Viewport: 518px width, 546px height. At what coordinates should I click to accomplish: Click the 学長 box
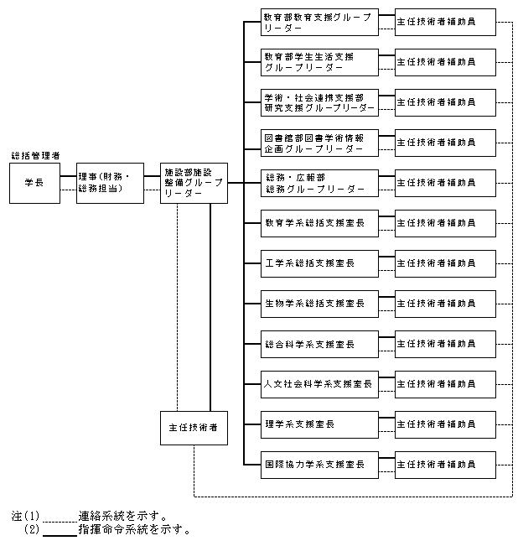(x=34, y=183)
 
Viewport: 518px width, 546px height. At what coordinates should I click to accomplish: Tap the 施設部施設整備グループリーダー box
(x=194, y=183)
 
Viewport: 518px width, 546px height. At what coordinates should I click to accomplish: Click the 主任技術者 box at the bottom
(x=194, y=428)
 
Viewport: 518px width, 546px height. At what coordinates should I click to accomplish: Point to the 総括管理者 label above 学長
(x=35, y=156)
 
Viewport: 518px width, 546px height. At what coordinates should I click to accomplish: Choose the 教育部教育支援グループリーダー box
(x=319, y=22)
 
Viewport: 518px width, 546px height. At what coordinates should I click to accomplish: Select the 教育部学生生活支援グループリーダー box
(x=319, y=62)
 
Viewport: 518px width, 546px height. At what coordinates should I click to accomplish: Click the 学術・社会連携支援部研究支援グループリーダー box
(x=319, y=102)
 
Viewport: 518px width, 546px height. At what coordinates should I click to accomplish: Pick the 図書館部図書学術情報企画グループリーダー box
(x=319, y=143)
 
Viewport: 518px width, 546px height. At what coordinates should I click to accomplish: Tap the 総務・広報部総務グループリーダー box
(x=319, y=183)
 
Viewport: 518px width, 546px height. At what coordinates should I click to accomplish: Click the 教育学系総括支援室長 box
(x=319, y=223)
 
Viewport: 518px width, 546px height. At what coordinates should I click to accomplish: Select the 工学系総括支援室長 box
(x=319, y=263)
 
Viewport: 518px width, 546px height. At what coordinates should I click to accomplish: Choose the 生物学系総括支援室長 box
(x=319, y=304)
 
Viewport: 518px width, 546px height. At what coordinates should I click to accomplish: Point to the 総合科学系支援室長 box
(x=319, y=344)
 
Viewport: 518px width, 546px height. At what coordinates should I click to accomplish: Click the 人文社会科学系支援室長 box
(x=319, y=384)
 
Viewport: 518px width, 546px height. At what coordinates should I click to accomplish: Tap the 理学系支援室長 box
(x=319, y=424)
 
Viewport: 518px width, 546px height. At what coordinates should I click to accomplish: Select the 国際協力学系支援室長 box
(x=319, y=464)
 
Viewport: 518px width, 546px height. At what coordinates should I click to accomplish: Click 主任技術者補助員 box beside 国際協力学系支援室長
(x=444, y=464)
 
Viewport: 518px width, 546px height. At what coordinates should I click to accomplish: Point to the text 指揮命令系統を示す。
(x=134, y=530)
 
